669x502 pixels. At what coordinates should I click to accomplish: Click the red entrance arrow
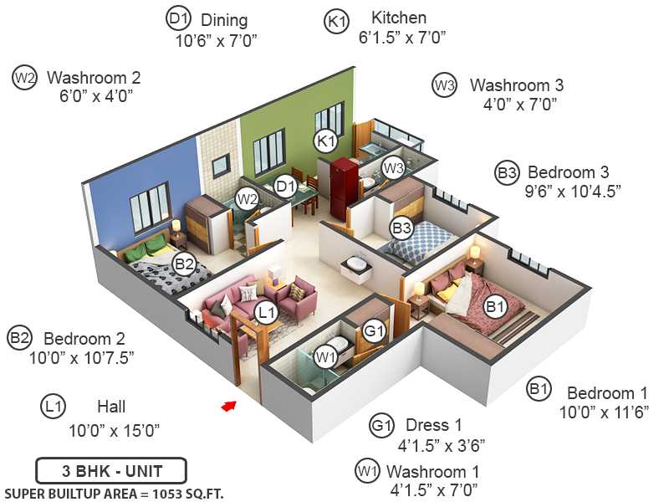point(227,406)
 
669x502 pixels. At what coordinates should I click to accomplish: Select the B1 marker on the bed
point(496,307)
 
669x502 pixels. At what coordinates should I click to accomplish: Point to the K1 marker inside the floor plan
point(325,141)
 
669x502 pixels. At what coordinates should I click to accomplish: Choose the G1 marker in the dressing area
point(373,331)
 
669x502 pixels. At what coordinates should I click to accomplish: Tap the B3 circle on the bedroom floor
point(402,226)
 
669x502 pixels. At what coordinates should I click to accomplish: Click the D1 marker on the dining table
point(286,185)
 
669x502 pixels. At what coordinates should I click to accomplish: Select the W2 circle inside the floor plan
point(246,199)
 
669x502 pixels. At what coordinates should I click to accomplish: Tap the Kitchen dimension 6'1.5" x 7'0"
point(401,37)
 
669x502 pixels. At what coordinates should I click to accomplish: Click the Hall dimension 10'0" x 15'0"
point(114,430)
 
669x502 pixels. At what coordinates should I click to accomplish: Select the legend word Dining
point(223,19)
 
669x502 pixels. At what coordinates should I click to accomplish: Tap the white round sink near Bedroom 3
point(358,263)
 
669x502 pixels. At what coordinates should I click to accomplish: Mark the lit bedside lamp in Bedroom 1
point(475,252)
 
